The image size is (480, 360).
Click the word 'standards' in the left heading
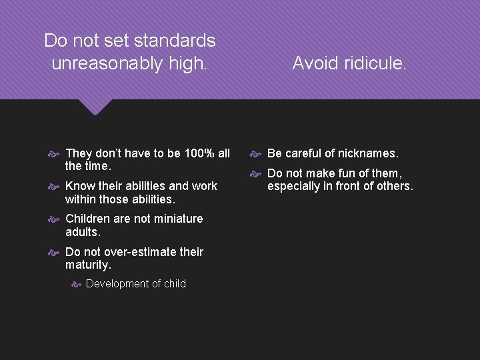pyautogui.click(x=175, y=41)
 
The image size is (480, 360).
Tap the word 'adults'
pyautogui.click(x=83, y=232)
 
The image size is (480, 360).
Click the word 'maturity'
pyautogui.click(x=88, y=265)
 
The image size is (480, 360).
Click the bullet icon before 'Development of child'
pyautogui.click(x=76, y=284)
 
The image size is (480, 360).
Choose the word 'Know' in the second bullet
pyautogui.click(x=79, y=186)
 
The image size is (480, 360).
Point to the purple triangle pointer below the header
pyautogui.click(x=95, y=107)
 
